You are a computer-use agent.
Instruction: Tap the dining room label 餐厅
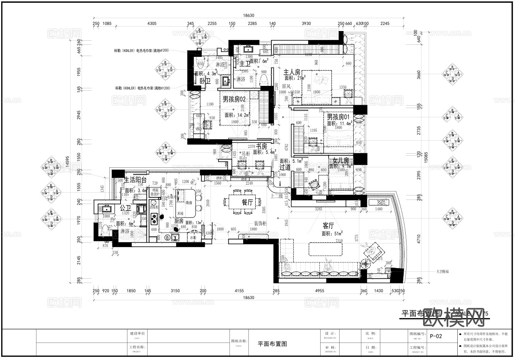[x=247, y=203]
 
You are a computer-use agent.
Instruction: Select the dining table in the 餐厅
[x=240, y=201]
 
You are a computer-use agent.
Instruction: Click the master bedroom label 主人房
[x=292, y=72]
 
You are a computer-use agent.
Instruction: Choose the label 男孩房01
[x=338, y=117]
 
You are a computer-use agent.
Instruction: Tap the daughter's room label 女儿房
[x=341, y=160]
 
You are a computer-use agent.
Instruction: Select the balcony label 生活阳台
[x=135, y=180]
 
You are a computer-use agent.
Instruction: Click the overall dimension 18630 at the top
[x=248, y=16]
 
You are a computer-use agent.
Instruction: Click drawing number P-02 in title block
[x=436, y=336]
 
